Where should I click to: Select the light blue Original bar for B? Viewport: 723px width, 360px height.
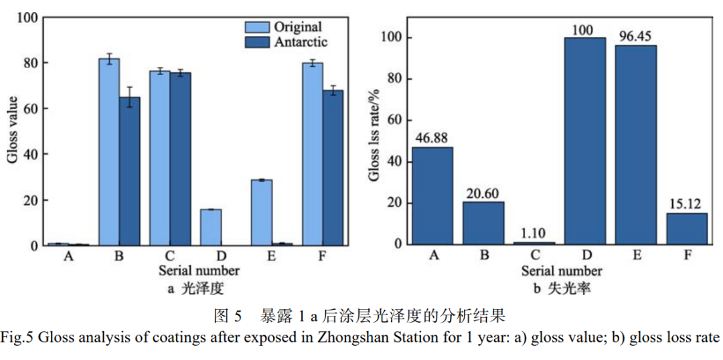(x=109, y=152)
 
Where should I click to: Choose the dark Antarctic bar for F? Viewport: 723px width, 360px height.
(x=333, y=168)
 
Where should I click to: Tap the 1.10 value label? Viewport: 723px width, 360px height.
(x=534, y=234)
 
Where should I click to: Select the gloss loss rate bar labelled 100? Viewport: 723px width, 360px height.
(x=584, y=141)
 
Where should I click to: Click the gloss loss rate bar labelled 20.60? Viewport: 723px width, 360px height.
(x=483, y=223)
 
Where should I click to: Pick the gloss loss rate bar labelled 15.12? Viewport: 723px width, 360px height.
(x=686, y=228)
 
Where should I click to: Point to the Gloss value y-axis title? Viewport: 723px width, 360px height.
(x=13, y=131)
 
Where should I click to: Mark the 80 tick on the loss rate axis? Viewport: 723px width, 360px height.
(x=395, y=79)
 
